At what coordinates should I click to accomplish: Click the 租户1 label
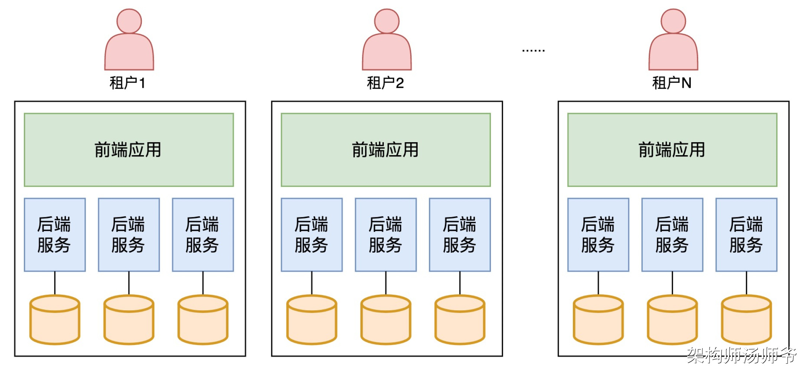pos(127,83)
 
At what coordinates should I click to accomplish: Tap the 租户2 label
pos(385,83)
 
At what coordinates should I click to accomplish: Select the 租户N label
pos(672,83)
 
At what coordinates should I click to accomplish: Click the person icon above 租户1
pos(129,41)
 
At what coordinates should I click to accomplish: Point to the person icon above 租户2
pos(387,41)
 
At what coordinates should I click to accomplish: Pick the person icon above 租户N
pos(673,41)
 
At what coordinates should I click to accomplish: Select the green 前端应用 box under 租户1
pos(129,150)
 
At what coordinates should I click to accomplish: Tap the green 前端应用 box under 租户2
pos(386,150)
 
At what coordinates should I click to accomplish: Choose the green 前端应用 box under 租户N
pos(672,150)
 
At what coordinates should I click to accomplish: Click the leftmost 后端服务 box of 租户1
pos(55,234)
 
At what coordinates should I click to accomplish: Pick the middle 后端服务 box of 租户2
pos(386,234)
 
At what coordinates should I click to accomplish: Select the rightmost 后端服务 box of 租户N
pos(746,234)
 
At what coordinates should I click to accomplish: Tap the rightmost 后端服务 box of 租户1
pos(203,234)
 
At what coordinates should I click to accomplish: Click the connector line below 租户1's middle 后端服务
pos(129,283)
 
